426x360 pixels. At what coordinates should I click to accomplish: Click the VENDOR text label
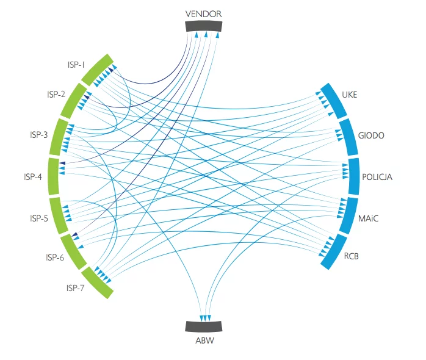[203, 14]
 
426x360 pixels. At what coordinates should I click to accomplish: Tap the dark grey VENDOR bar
[204, 26]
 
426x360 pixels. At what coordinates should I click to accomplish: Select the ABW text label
[204, 340]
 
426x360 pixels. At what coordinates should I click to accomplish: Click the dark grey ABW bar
[204, 326]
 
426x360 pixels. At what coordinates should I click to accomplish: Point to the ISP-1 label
[76, 65]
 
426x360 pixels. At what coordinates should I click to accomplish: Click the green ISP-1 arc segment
[97, 70]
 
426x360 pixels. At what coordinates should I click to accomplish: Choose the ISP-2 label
[56, 95]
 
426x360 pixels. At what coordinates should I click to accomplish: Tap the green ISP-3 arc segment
[59, 137]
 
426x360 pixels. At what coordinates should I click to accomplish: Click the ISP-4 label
[33, 177]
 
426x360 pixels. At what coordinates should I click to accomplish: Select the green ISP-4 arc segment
[54, 176]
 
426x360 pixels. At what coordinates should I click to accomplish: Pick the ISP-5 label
[39, 218]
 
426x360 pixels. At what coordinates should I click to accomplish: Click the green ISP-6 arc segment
[73, 252]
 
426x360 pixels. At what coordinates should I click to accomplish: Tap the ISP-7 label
[75, 288]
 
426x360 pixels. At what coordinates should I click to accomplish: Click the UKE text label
[349, 95]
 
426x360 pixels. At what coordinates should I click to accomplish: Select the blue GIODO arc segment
[349, 137]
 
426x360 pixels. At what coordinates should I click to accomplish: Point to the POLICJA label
[377, 177]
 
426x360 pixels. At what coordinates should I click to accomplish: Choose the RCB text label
[351, 256]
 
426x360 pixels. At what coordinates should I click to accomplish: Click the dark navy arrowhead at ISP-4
[62, 163]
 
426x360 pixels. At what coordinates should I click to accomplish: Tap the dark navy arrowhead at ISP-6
[74, 234]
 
